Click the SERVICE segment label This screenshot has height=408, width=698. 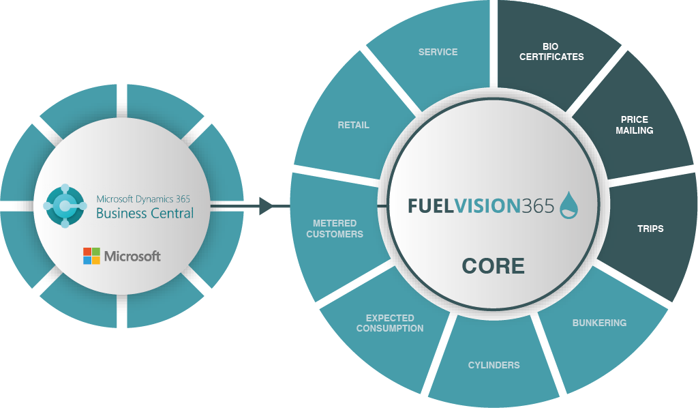pyautogui.click(x=438, y=52)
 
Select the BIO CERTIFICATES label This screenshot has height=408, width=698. pyautogui.click(x=551, y=52)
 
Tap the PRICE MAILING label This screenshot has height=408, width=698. pyautogui.click(x=634, y=125)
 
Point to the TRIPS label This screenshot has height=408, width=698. pyautogui.click(x=650, y=229)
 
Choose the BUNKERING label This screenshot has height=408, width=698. pyautogui.click(x=599, y=323)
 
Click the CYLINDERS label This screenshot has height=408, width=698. pyautogui.click(x=494, y=365)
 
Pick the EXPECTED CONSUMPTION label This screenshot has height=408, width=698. pyautogui.click(x=390, y=323)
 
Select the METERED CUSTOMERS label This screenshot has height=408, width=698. pyautogui.click(x=335, y=229)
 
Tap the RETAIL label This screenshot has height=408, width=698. pyautogui.click(x=353, y=125)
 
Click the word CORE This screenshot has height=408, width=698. pyautogui.click(x=493, y=265)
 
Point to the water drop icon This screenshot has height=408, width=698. pyautogui.click(x=569, y=205)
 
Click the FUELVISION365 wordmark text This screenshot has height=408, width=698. pyautogui.click(x=481, y=206)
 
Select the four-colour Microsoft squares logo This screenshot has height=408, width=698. pyautogui.click(x=91, y=256)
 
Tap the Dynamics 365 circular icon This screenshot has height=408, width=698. pyautogui.click(x=65, y=205)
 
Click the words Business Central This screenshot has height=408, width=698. pyautogui.click(x=145, y=214)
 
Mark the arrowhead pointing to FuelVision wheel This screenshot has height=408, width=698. pyautogui.click(x=266, y=205)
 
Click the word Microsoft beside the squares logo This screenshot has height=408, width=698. pyautogui.click(x=132, y=257)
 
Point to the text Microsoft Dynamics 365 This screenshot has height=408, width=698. pyautogui.click(x=143, y=199)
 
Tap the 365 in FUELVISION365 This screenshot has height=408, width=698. pyautogui.click(x=538, y=206)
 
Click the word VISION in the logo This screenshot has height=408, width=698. pyautogui.click(x=484, y=206)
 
